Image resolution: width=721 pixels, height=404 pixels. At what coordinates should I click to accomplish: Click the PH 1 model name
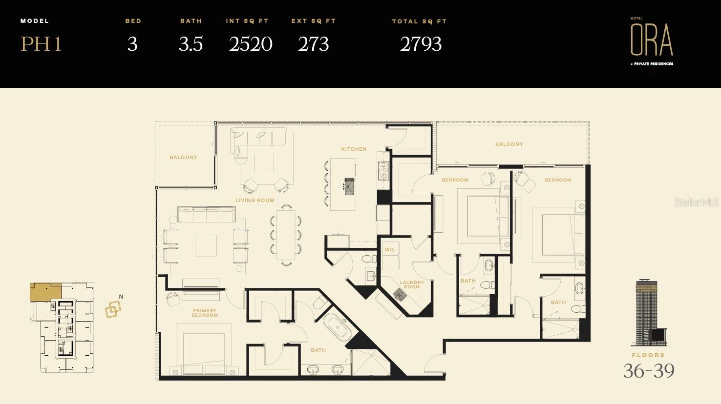[41, 44]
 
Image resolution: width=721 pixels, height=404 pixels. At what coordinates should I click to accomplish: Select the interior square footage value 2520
[251, 44]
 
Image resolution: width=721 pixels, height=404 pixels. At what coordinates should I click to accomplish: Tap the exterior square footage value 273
[313, 44]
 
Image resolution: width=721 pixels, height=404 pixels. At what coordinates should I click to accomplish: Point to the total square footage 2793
[421, 44]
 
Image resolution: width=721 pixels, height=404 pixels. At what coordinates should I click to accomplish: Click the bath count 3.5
[191, 44]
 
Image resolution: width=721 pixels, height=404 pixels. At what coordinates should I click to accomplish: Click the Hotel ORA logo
[652, 41]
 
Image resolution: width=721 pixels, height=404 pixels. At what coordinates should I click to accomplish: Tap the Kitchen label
[354, 149]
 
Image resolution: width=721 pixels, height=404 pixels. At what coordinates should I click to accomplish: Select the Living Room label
[254, 200]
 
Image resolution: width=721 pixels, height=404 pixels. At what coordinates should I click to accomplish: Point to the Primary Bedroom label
[205, 313]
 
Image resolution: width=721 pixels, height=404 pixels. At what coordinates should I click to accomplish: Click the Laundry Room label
[412, 284]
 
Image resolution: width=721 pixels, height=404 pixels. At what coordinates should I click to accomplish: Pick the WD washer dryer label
[389, 250]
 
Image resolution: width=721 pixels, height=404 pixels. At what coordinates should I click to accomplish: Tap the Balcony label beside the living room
[183, 157]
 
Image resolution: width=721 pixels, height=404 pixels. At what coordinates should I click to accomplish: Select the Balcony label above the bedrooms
[509, 144]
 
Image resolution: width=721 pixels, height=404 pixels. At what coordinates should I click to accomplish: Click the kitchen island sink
[349, 186]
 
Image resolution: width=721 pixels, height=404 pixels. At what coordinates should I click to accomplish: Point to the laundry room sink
[402, 294]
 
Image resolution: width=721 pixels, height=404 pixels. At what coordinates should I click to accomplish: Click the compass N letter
[121, 297]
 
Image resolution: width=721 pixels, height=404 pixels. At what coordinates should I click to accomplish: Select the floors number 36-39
[648, 371]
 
